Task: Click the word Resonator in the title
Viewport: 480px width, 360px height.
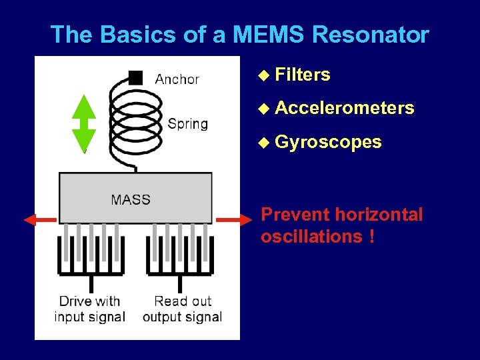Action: (x=371, y=34)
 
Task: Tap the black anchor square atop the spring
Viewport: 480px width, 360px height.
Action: (x=135, y=77)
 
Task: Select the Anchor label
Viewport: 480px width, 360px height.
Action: (x=177, y=79)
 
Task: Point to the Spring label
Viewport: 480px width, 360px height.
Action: (x=187, y=123)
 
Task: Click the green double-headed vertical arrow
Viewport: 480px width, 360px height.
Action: (x=84, y=124)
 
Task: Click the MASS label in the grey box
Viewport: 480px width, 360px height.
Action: (x=131, y=199)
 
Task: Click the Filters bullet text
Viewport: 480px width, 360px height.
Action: (x=302, y=75)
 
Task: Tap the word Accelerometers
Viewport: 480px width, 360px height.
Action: (x=344, y=107)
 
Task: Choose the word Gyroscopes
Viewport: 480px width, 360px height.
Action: (x=328, y=141)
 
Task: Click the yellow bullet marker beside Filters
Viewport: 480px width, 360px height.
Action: (x=264, y=75)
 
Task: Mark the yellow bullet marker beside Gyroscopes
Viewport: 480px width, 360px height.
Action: (x=264, y=142)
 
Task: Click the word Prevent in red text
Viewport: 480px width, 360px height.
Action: (x=295, y=215)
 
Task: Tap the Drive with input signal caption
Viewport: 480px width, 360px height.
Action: (x=89, y=309)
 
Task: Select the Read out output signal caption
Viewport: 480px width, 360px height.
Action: (x=182, y=309)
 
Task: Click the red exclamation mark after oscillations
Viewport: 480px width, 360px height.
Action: (x=370, y=237)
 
